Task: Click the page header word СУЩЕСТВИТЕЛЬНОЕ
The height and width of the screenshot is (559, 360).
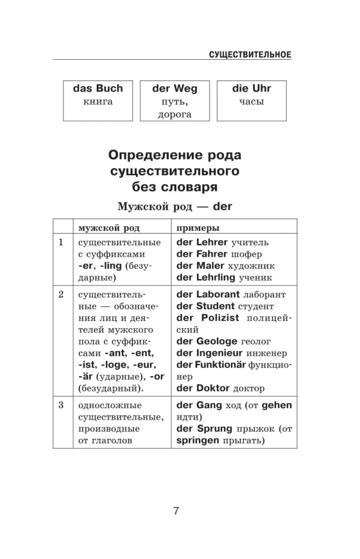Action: pyautogui.click(x=250, y=54)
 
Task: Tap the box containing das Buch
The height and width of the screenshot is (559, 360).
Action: pyautogui.click(x=98, y=101)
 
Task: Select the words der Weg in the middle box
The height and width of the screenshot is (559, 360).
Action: pyautogui.click(x=174, y=89)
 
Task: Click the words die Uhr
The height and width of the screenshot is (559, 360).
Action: pyautogui.click(x=251, y=89)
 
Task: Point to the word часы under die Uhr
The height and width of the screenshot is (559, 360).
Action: pyautogui.click(x=251, y=102)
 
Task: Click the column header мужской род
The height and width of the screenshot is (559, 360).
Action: pyautogui.click(x=109, y=228)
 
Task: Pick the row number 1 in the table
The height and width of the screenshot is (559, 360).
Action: pyautogui.click(x=61, y=242)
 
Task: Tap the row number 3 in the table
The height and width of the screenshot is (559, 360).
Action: pyautogui.click(x=61, y=405)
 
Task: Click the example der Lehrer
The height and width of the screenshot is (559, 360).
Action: pyautogui.click(x=202, y=242)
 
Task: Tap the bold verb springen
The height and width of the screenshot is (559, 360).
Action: pyautogui.click(x=198, y=440)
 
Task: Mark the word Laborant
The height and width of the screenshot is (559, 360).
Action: pyautogui.click(x=218, y=294)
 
